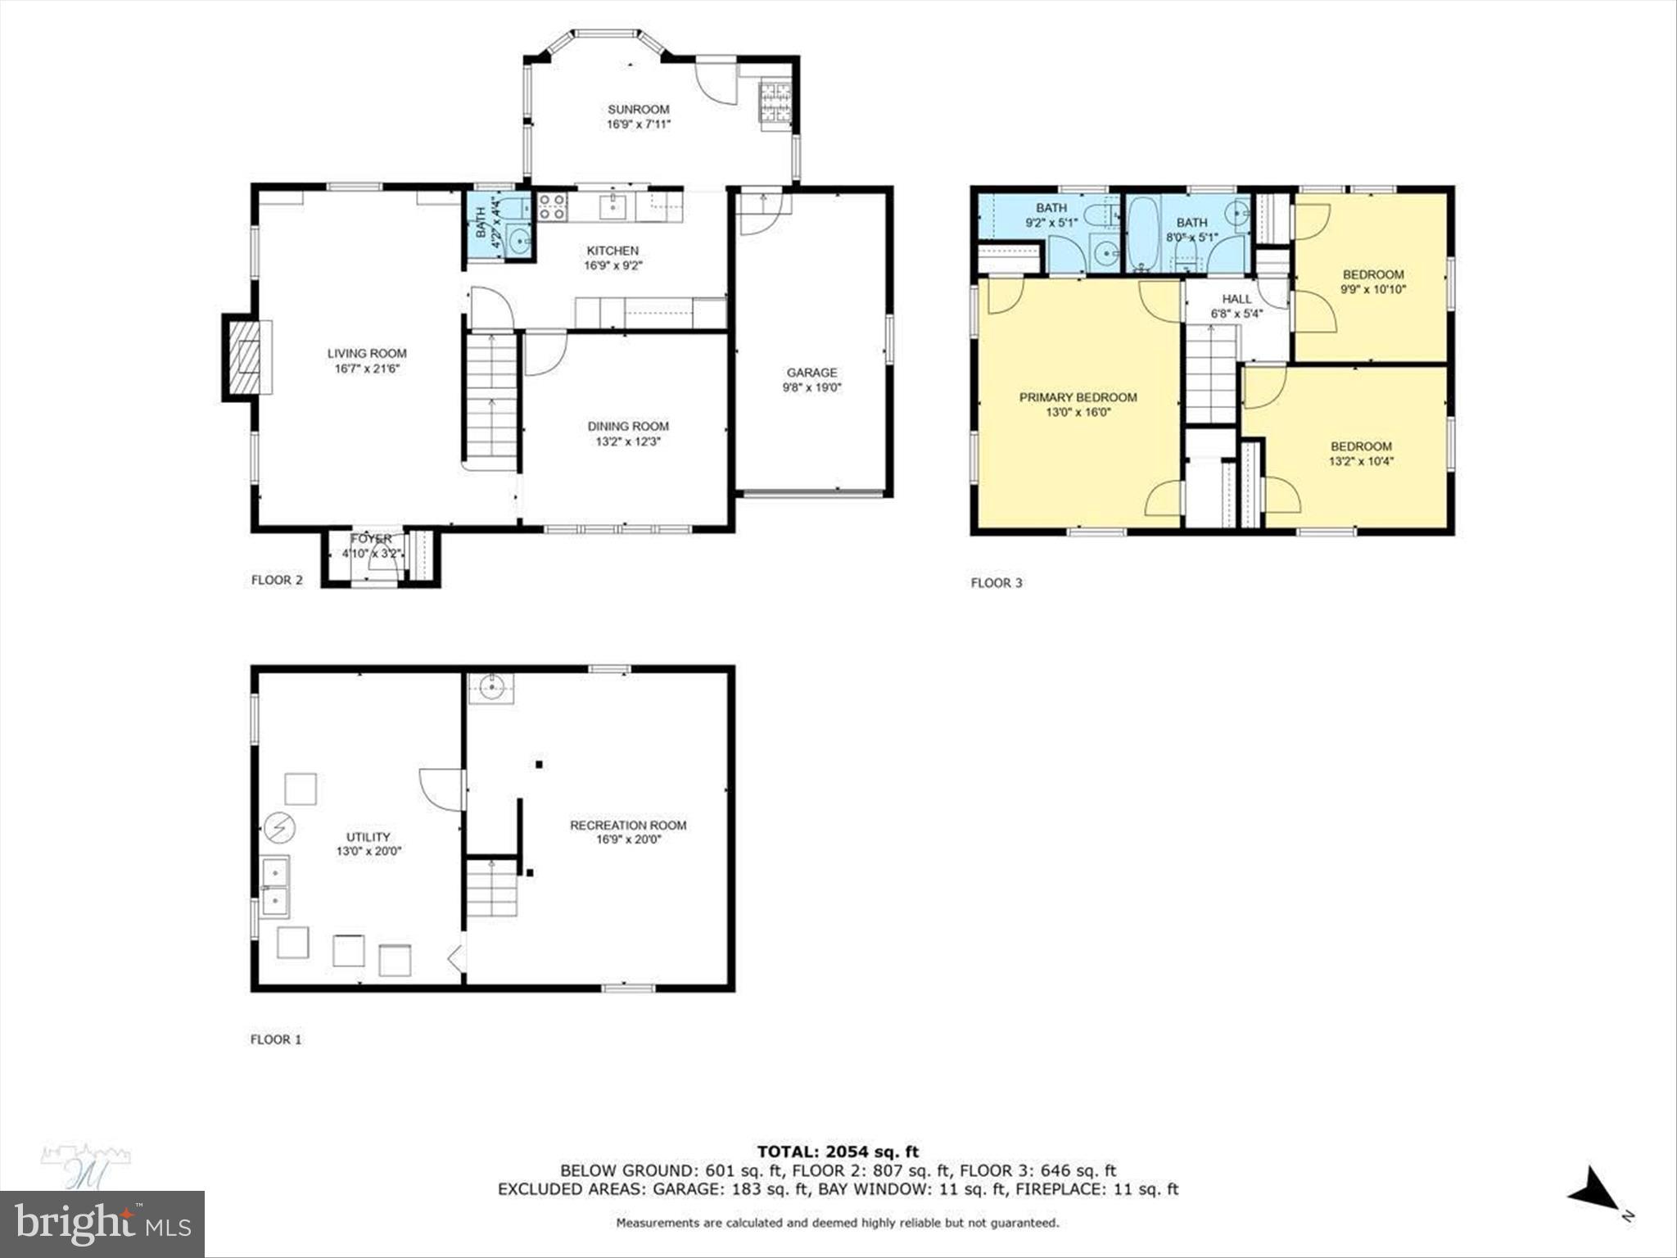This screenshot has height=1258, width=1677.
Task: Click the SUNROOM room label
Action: click(x=638, y=109)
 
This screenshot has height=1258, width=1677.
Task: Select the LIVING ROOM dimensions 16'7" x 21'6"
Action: click(x=367, y=369)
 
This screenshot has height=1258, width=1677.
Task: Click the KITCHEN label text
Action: click(x=612, y=251)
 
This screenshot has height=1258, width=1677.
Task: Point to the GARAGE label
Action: click(x=811, y=373)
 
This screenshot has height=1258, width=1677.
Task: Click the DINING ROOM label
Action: click(x=628, y=426)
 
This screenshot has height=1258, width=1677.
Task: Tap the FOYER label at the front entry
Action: click(x=371, y=539)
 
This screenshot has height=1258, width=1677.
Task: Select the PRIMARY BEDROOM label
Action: click(x=1078, y=397)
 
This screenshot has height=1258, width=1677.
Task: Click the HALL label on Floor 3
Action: click(x=1236, y=299)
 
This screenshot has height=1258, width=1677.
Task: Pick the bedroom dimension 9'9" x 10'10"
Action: click(x=1373, y=289)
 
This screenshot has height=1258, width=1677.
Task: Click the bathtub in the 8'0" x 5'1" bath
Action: click(x=1139, y=233)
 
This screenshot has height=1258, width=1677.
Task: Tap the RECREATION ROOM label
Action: click(x=628, y=825)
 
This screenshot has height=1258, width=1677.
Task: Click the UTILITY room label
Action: click(x=368, y=836)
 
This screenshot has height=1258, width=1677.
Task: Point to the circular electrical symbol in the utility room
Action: click(x=280, y=829)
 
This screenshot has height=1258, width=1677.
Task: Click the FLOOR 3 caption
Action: click(x=997, y=583)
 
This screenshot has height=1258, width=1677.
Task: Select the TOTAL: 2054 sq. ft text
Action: click(x=838, y=1152)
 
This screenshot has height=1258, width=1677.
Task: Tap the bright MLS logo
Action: click(x=102, y=1224)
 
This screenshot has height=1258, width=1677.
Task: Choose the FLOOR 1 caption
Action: click(x=276, y=1039)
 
